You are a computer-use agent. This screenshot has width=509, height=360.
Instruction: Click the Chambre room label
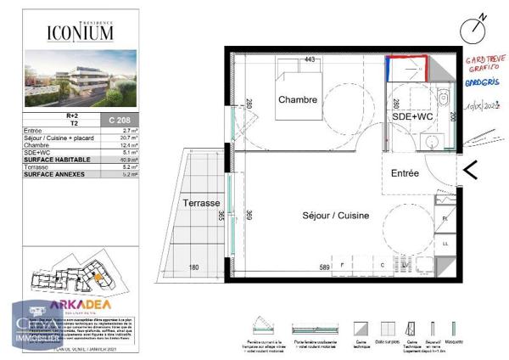point(298,100)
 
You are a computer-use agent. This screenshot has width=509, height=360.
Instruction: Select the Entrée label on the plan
point(405,173)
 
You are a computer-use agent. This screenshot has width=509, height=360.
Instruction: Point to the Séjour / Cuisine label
point(336,216)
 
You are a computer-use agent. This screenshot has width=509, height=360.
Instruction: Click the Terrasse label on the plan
point(202,204)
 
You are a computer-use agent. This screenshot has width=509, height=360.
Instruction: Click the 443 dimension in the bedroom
point(310,59)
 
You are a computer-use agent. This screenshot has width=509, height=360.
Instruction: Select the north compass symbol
point(476,29)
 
